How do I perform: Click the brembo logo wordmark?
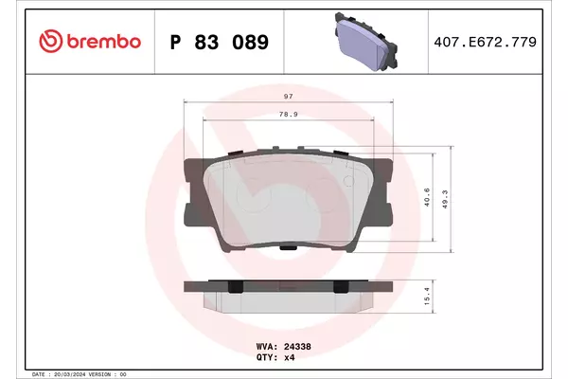tap(103, 42)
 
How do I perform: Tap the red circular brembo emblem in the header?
tap(51, 41)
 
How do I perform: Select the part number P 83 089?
tap(220, 42)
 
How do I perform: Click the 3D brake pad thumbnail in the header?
tap(365, 42)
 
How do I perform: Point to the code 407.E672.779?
tap(485, 42)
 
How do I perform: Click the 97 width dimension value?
tap(289, 96)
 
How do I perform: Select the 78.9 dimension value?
tap(289, 115)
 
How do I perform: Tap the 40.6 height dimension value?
tap(427, 197)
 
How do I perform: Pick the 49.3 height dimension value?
tap(445, 199)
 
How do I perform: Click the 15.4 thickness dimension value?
tap(427, 296)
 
